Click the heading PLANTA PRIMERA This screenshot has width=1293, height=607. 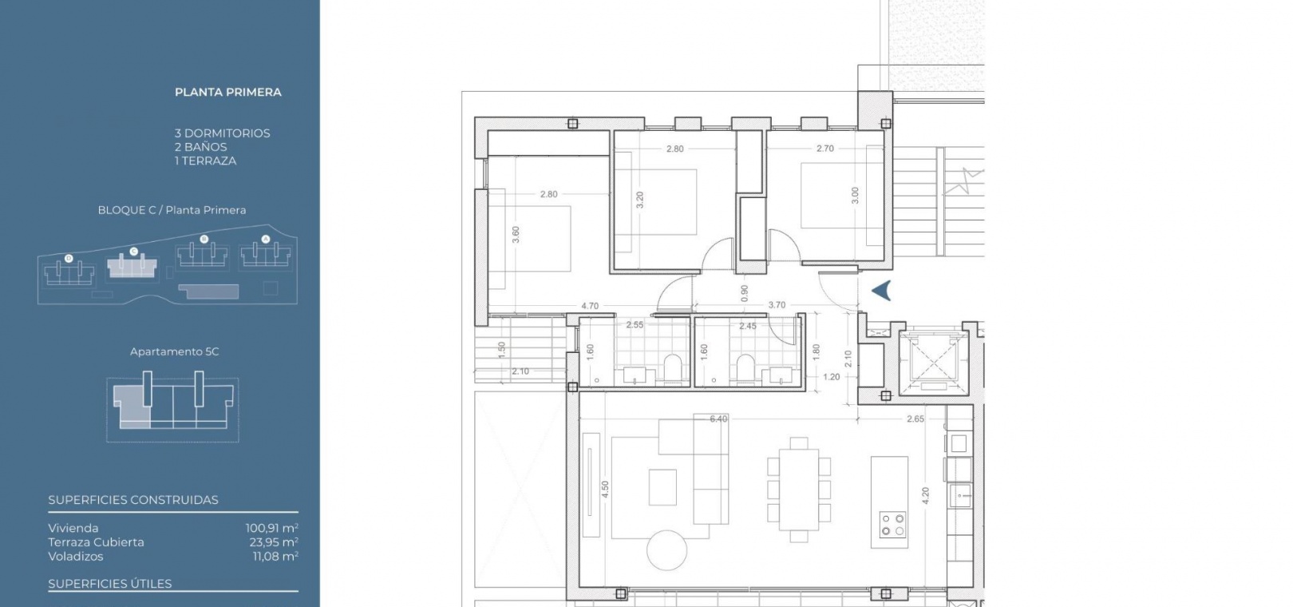(228, 93)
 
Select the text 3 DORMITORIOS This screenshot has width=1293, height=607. (222, 133)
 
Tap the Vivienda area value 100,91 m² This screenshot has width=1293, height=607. (272, 528)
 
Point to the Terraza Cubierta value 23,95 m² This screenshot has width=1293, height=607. (274, 542)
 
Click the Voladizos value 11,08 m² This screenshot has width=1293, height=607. (275, 556)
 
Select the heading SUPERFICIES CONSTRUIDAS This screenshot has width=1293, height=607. (133, 500)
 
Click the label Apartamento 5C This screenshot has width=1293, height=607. (174, 351)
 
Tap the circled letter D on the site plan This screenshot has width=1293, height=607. (69, 258)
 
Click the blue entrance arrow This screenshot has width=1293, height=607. (881, 291)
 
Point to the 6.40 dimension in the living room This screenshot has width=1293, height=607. (718, 419)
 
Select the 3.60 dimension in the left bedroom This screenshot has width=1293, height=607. (516, 235)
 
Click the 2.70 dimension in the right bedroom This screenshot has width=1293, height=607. (824, 149)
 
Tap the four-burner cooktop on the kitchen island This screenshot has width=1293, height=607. (892, 525)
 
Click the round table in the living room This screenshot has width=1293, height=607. (666, 550)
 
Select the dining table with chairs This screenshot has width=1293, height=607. (799, 490)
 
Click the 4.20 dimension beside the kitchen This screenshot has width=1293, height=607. (925, 495)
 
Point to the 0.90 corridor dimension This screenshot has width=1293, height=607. (744, 293)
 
